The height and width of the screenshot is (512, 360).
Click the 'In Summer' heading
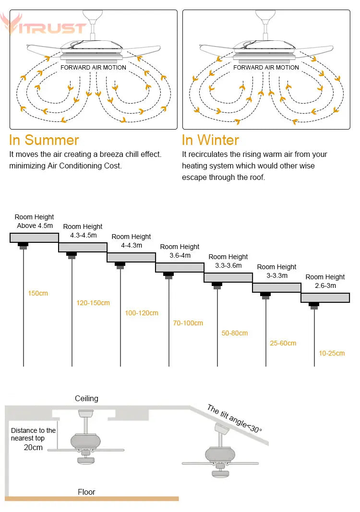[x=44, y=140]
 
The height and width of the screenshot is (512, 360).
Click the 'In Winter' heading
[x=210, y=140]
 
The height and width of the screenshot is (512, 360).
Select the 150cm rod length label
[x=38, y=293]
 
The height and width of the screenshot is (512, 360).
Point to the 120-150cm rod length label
[x=93, y=303]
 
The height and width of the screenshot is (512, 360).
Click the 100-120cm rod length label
[x=142, y=313]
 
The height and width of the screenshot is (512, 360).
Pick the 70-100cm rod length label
[x=188, y=323]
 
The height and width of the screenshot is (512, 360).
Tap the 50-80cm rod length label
[x=235, y=333]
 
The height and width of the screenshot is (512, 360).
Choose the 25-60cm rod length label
[x=283, y=343]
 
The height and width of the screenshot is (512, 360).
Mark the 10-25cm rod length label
[x=332, y=353]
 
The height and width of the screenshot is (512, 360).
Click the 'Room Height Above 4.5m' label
[x=35, y=221]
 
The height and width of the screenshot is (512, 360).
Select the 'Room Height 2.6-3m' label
[x=325, y=281]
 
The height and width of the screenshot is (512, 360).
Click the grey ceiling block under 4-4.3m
[x=131, y=257]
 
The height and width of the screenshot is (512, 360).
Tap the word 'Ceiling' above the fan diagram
[x=86, y=398]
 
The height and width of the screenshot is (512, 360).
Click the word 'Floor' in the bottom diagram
[x=86, y=492]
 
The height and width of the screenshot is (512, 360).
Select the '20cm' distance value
[x=33, y=447]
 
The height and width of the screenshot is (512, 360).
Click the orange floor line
[x=91, y=499]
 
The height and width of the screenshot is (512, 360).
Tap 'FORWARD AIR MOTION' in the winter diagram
[x=266, y=68]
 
